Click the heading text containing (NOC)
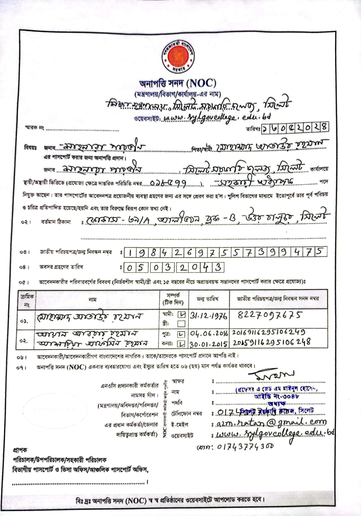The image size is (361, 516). click(178, 84)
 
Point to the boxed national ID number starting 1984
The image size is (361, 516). click(225, 252)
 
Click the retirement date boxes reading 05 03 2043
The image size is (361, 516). click(174, 267)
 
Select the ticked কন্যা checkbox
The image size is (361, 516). click(182, 344)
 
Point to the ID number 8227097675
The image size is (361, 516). click(270, 314)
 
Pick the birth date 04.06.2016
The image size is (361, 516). click(209, 333)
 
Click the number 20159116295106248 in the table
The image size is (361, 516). click(271, 342)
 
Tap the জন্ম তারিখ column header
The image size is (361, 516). click(208, 299)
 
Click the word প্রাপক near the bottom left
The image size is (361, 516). click(20, 450)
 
